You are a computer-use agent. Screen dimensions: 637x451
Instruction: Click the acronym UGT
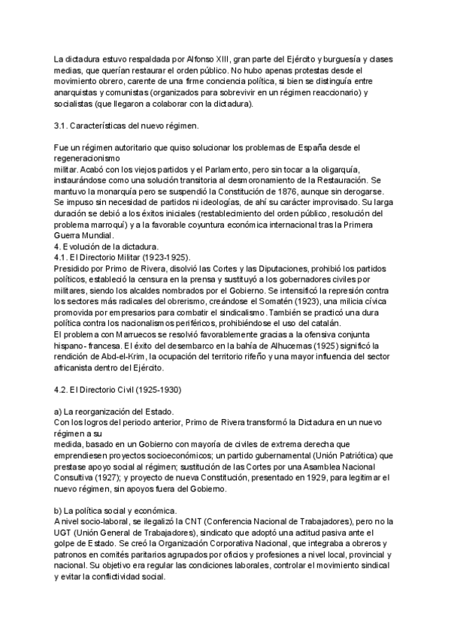pyautogui.click(x=65, y=533)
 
